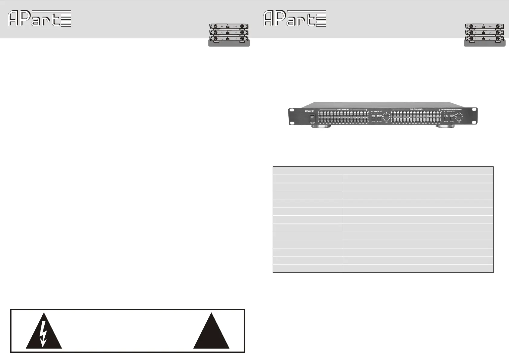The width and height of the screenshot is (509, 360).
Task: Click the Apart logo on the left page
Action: coord(39,18)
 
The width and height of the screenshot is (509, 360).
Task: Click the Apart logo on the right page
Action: coord(295,18)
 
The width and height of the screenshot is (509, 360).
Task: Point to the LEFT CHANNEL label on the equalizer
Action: coord(343,109)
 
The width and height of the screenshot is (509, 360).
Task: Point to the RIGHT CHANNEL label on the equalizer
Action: coord(416,109)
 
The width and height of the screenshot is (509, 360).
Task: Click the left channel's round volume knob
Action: coord(386,117)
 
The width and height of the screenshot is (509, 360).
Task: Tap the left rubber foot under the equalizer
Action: coord(321,127)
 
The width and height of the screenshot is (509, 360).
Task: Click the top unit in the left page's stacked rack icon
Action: coord(229,27)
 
